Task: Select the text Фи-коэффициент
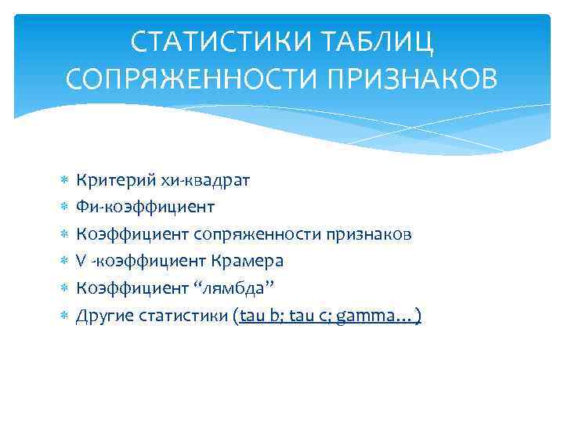145,208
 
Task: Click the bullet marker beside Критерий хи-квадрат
64,182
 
